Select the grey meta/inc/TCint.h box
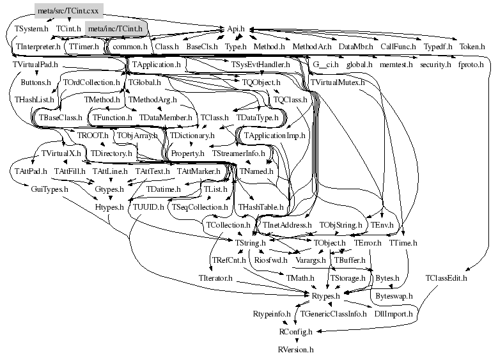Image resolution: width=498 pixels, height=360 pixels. point(116,28)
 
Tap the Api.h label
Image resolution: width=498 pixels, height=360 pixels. point(240,29)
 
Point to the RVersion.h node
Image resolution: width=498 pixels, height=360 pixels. point(295,350)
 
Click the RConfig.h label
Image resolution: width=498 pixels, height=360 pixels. point(295,332)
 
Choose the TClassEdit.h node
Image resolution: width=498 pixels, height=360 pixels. point(446,278)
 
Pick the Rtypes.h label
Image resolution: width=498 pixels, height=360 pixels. point(329,297)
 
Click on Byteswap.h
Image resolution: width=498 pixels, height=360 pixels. point(393,297)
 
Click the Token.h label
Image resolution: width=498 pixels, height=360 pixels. point(472,47)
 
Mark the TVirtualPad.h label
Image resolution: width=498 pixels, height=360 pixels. point(35,65)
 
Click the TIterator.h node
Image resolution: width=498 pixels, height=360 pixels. point(224,279)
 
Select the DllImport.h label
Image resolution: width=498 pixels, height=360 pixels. point(391,314)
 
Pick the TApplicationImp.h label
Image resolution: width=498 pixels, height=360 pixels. point(274,136)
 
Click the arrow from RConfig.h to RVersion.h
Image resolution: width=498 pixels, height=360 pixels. point(295,341)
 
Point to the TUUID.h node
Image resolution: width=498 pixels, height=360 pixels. point(148,207)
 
